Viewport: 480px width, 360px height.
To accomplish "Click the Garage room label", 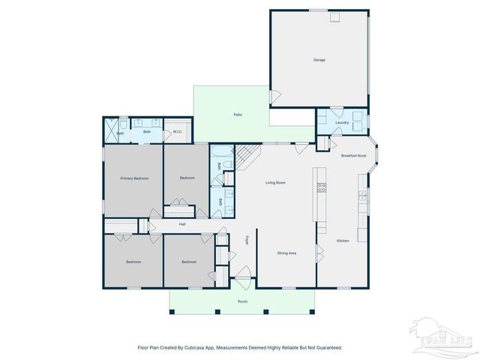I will (x=319, y=59).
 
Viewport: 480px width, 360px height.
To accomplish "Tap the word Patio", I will (x=236, y=115).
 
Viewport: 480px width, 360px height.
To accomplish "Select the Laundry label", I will (x=342, y=122).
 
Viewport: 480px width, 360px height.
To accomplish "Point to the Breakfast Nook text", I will (x=353, y=155).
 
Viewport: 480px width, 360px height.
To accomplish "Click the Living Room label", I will (x=276, y=182).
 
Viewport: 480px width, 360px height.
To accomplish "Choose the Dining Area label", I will (x=286, y=253).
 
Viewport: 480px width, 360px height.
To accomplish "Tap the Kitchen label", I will (x=342, y=241).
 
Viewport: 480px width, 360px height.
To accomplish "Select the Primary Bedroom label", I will (x=134, y=178).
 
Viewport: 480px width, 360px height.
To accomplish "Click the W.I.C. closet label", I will (x=178, y=133).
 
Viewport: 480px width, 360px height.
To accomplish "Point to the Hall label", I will (x=182, y=224).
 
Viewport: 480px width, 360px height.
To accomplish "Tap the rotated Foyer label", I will (x=247, y=241).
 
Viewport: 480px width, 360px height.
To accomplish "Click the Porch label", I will (x=242, y=301).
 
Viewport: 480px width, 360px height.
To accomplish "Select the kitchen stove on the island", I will (x=322, y=187).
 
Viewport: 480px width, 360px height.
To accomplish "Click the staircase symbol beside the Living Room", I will (x=247, y=155).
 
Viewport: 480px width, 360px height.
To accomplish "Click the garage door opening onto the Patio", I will (x=275, y=96).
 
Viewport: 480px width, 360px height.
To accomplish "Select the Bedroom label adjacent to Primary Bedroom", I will (x=187, y=178).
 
